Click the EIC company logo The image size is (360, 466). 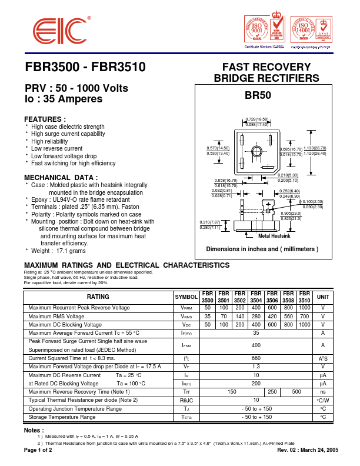click(58, 30)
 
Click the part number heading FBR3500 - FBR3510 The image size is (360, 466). click(85, 67)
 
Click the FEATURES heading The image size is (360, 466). click(45, 119)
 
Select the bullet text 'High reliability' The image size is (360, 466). click(49, 142)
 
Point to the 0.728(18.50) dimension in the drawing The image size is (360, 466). click(257, 119)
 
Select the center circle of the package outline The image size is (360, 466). click(256, 151)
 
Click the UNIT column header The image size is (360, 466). click(323, 297)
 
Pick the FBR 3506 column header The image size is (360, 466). click(272, 297)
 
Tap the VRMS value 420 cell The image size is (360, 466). click(272, 317)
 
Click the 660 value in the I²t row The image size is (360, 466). click(256, 358)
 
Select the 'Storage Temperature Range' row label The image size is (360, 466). click(62, 417)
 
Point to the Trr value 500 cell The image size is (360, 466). click(296, 392)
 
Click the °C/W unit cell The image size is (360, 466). click(323, 400)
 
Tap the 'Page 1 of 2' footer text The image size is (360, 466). click(38, 450)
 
